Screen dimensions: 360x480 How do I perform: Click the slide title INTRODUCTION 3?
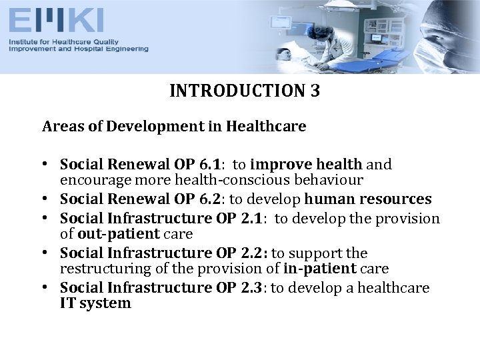245,91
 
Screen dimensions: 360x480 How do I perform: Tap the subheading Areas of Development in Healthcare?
174,127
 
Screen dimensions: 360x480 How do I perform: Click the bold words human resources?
368,199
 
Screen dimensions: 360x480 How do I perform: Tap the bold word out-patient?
119,234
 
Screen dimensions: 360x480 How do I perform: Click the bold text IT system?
95,303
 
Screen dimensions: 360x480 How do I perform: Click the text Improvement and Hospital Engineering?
78,49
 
